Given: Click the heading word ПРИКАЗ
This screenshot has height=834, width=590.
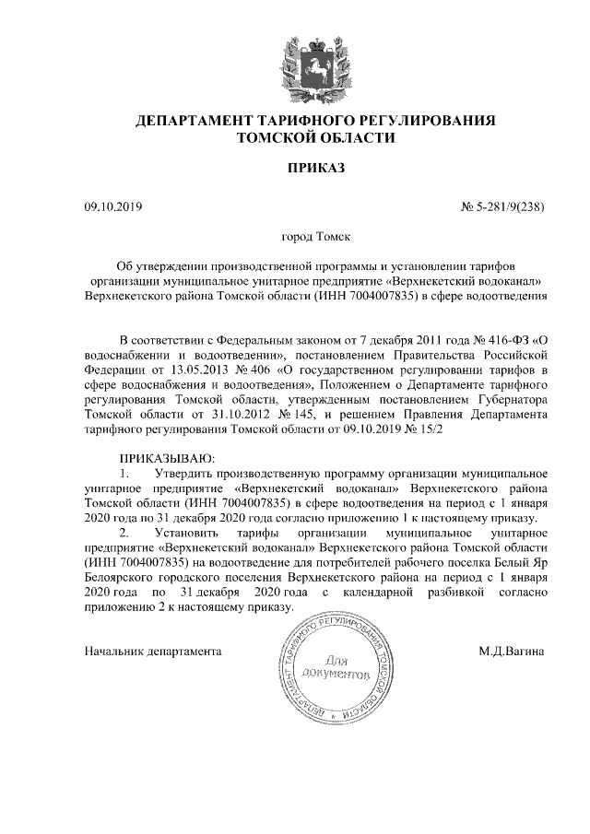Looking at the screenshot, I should click(315, 169).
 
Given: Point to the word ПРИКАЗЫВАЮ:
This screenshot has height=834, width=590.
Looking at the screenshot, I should click(165, 458).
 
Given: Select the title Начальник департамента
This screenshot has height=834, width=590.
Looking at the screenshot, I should click(152, 651).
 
